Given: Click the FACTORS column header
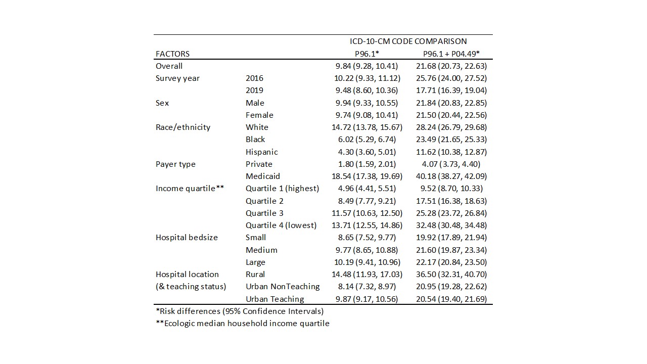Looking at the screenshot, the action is (172, 54).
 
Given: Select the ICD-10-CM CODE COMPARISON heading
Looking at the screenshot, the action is (408, 41).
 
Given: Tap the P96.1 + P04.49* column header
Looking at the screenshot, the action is (451, 54).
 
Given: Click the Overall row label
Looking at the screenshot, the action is (169, 66).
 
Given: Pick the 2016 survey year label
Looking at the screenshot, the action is (254, 78).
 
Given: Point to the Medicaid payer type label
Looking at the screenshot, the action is (263, 176).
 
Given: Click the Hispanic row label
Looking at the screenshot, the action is (262, 152).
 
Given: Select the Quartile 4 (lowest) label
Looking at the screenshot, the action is (281, 225).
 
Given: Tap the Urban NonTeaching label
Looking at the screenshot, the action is (283, 287).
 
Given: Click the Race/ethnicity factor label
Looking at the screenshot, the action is (183, 127).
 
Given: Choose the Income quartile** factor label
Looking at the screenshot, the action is (190, 189).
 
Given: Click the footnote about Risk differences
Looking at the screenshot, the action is (240, 311).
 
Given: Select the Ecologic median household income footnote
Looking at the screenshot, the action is (243, 323).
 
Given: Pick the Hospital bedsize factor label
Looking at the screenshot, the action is (187, 238).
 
